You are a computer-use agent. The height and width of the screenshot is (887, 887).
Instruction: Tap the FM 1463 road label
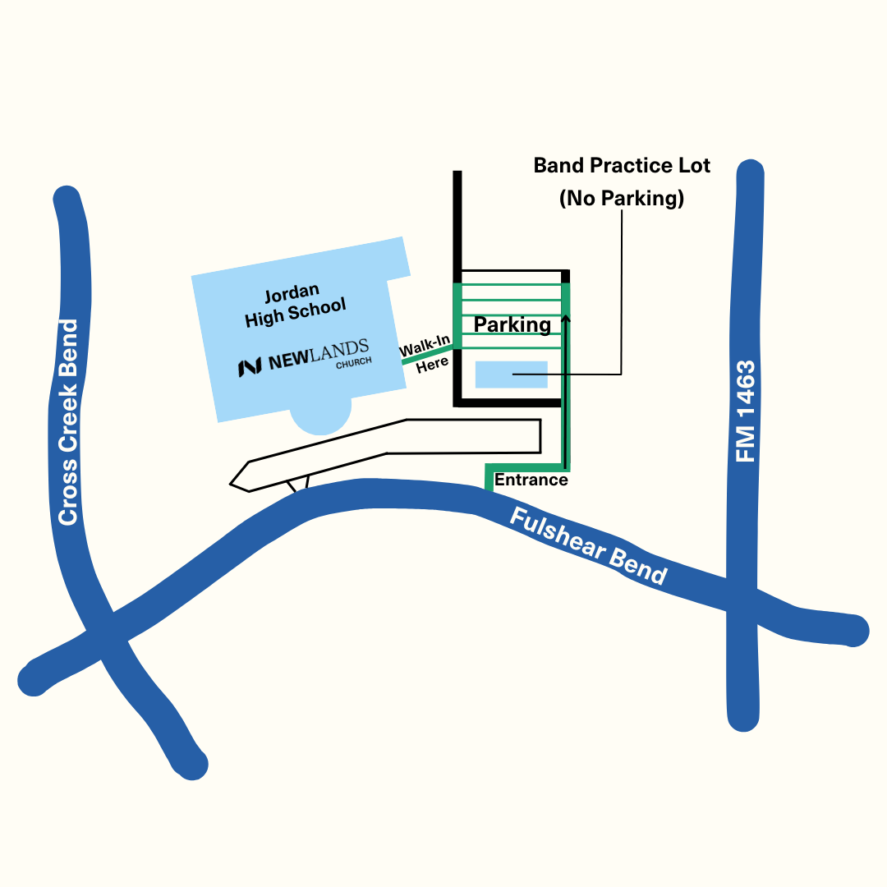(x=745, y=411)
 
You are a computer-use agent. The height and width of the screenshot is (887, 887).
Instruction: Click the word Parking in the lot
(x=512, y=324)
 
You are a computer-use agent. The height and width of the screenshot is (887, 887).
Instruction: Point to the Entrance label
(x=531, y=480)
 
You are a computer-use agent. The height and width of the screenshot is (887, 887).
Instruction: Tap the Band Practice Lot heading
(x=622, y=165)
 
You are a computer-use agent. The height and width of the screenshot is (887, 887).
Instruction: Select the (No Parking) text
(x=622, y=198)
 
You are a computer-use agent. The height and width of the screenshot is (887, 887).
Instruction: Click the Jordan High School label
(x=294, y=306)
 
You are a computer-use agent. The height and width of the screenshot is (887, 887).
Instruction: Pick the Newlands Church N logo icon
(x=250, y=366)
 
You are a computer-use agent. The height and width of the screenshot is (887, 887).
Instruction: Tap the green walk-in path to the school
(x=427, y=355)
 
